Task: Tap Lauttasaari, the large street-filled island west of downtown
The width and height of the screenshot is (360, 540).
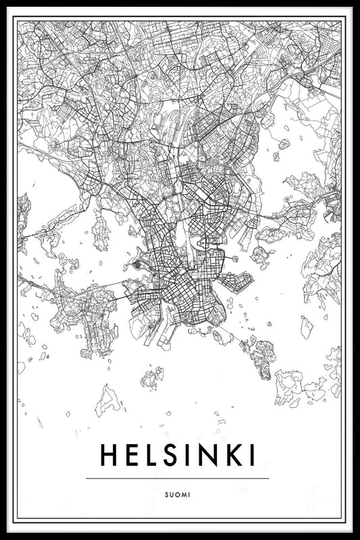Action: point(88,314)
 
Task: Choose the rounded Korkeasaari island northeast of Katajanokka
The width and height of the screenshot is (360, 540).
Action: point(261,255)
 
